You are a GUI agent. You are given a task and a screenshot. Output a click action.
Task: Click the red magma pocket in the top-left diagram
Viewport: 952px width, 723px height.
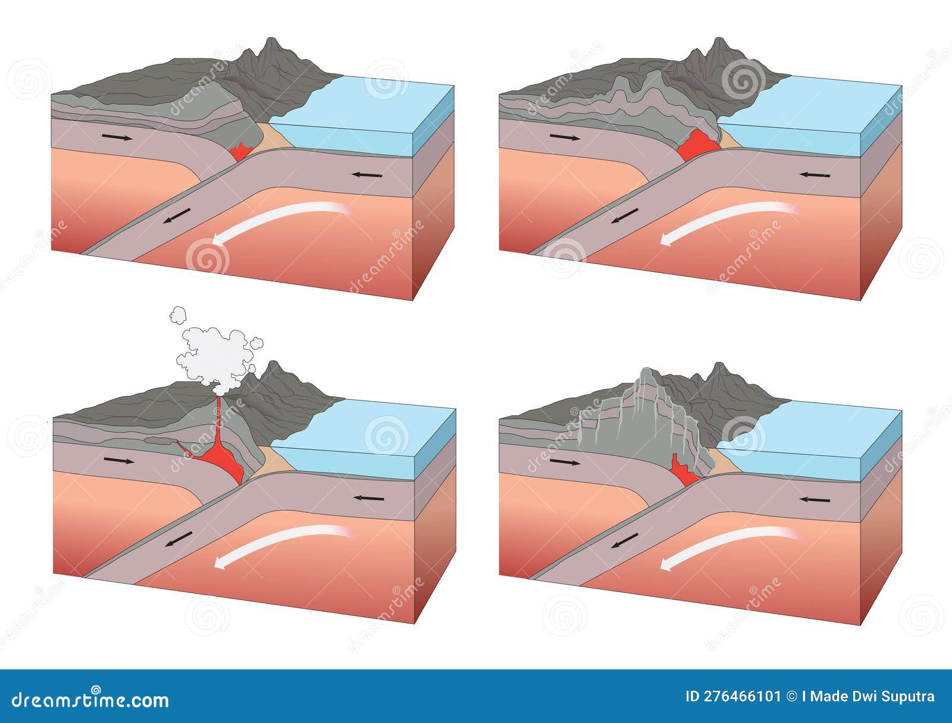[241, 153]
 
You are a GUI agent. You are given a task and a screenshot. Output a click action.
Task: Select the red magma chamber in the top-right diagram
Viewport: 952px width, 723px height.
[697, 146]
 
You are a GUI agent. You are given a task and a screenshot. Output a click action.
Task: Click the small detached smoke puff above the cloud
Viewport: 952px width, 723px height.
[178, 315]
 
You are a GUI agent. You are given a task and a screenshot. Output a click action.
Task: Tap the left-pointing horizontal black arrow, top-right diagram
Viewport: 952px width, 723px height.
[815, 175]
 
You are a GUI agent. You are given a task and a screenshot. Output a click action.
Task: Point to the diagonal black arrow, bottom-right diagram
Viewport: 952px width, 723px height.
[625, 540]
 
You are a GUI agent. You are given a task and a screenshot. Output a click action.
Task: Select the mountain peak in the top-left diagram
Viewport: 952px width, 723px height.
[272, 40]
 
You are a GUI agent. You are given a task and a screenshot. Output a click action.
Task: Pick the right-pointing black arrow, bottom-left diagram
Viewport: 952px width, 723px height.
[118, 461]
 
